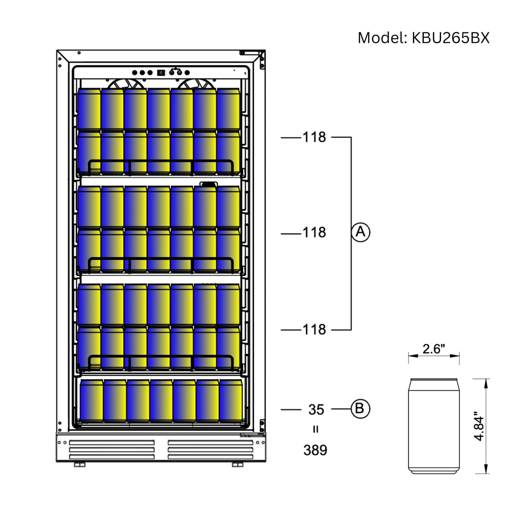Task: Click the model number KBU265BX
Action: pos(450,38)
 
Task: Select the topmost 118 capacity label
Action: pos(314,137)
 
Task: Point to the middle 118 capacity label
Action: pos(314,232)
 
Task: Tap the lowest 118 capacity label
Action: pos(314,330)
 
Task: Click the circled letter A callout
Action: pos(361,232)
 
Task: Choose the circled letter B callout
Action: pos(360,409)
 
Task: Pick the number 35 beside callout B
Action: pos(316,410)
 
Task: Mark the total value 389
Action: pos(315,450)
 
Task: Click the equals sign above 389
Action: pos(315,430)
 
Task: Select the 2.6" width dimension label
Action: pos(434,349)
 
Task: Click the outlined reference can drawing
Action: pos(434,426)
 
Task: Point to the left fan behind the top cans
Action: pos(122,84)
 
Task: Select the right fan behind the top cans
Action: pos(195,84)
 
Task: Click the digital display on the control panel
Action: pos(161,73)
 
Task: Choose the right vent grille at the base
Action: pos(210,449)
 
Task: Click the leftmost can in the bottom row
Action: pos(91,401)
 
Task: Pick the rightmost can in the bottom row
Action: pos(230,401)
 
